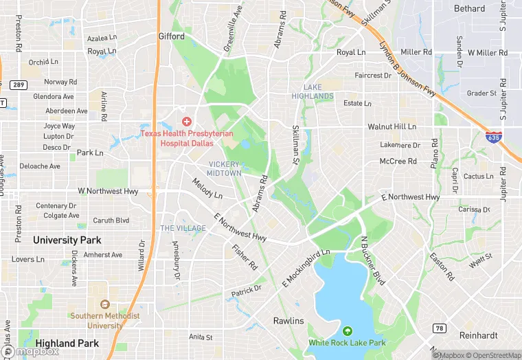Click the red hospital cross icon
click(x=186, y=121)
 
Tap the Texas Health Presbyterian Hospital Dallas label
click(x=177, y=138)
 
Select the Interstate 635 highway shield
click(x=493, y=137)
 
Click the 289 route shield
click(x=18, y=85)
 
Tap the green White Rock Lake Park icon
click(x=347, y=331)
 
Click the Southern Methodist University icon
click(x=104, y=304)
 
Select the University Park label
click(x=67, y=240)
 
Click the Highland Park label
click(x=67, y=344)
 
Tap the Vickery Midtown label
click(x=225, y=169)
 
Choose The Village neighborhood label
click(x=183, y=228)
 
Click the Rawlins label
click(x=288, y=321)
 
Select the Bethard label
click(x=469, y=9)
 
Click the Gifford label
click(x=171, y=36)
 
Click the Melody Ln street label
click(x=207, y=189)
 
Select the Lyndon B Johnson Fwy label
click(x=407, y=70)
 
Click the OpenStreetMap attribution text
click(x=495, y=355)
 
